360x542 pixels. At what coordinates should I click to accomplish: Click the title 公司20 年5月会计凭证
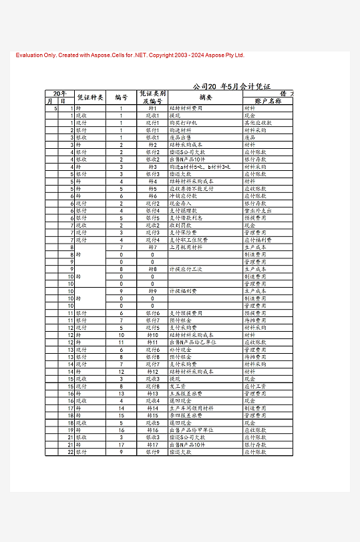point(231,86)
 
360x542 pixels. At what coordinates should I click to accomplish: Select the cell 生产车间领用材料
point(191,408)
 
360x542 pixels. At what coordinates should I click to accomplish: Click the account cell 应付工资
point(255,386)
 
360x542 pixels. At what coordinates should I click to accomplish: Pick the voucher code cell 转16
point(152,430)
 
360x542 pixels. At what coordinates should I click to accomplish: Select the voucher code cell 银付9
point(152,452)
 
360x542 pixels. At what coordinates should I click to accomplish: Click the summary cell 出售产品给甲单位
point(191,430)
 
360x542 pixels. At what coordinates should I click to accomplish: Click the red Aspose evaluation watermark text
point(130,55)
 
